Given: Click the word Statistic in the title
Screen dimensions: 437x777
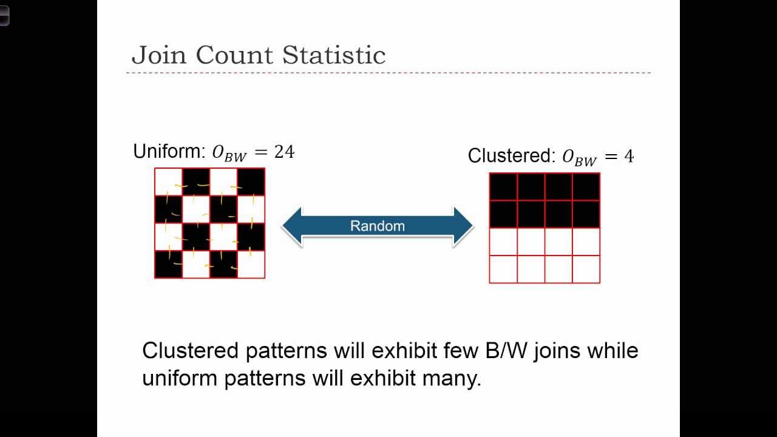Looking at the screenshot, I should click(x=334, y=55).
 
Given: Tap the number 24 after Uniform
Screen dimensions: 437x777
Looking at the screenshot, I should click(x=284, y=152).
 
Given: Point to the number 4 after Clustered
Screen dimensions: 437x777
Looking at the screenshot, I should click(x=628, y=157).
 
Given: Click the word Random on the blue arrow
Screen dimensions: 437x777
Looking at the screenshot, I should click(x=377, y=226).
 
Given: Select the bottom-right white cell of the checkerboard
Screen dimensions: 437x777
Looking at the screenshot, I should click(x=251, y=265).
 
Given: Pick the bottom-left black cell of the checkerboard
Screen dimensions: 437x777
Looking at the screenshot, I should click(x=169, y=265).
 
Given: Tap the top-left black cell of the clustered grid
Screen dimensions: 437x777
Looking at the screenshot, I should click(x=503, y=187).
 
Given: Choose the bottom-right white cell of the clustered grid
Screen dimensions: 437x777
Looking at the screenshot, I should click(x=586, y=269).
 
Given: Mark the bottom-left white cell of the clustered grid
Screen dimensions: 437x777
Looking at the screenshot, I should click(x=503, y=269).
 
